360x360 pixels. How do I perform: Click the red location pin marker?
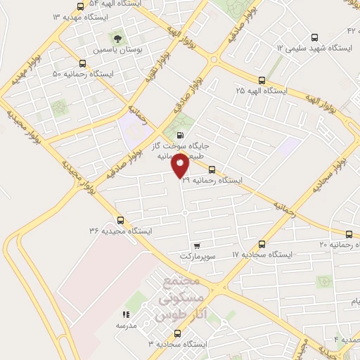coord(181,165)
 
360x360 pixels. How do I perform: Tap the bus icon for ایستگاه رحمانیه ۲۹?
coord(212,169)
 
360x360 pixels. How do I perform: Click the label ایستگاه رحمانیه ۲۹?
coord(212,181)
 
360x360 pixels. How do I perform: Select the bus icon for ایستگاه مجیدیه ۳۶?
coord(120,219)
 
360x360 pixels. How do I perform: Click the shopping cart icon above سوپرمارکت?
coord(195,246)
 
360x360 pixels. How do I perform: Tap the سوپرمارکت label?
coord(195,257)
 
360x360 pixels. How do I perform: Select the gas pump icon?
coord(181,136)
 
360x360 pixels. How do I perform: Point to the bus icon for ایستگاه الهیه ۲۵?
coord(262,80)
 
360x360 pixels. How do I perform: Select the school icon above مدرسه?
coord(127,315)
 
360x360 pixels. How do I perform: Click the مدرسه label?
coord(127,326)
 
